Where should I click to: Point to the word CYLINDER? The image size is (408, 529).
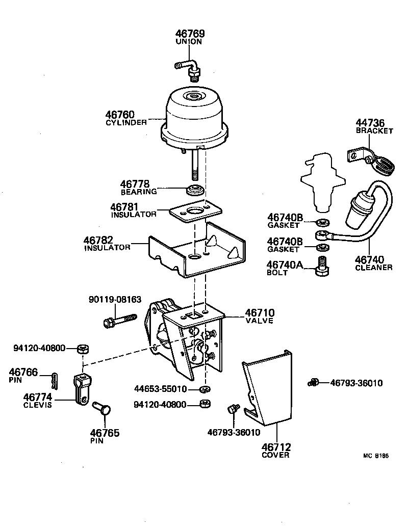pos(126,122)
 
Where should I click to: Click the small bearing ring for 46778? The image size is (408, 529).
pos(195,191)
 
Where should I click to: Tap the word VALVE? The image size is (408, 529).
pos(259,321)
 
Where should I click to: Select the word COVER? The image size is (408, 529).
pos(275,455)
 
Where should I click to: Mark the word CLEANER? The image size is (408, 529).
pos(374,268)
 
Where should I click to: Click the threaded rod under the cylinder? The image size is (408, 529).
pos(195,168)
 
